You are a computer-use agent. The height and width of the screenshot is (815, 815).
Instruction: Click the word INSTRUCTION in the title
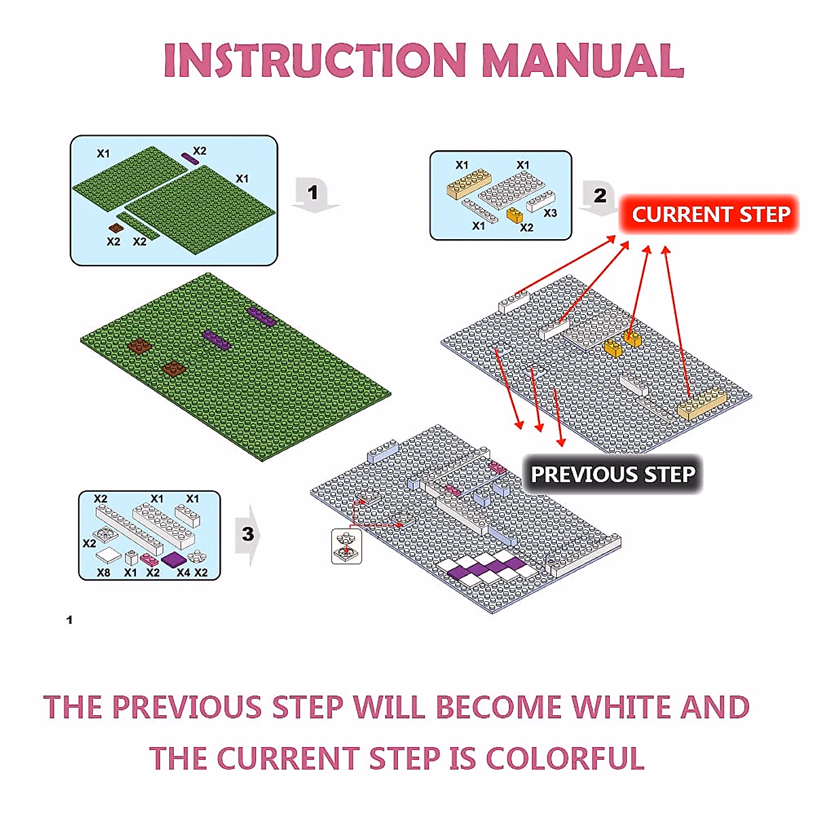tap(314, 61)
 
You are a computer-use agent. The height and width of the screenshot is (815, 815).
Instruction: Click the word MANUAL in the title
tap(582, 61)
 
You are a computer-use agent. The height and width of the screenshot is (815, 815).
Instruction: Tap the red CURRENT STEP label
tap(710, 215)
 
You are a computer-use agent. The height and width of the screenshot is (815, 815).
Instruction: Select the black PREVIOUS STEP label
tap(613, 474)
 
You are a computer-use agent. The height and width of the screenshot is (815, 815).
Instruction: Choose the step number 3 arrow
tap(248, 535)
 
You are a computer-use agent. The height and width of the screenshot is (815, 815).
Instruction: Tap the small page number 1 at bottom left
tap(69, 619)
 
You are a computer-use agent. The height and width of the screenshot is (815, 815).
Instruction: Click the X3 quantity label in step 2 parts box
tap(550, 213)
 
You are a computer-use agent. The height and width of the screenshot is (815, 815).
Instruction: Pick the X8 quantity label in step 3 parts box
tap(103, 573)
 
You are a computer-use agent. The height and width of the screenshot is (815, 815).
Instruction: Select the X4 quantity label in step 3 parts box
tap(183, 573)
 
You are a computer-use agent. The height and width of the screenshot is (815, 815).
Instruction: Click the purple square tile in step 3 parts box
tap(175, 559)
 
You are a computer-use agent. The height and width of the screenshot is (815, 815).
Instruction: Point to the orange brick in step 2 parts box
tap(514, 215)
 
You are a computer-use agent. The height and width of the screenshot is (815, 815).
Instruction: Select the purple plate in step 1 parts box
tap(190, 159)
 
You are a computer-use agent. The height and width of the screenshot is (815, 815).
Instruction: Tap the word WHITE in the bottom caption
tap(619, 707)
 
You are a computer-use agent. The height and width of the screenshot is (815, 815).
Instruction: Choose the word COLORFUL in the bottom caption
tap(565, 759)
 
